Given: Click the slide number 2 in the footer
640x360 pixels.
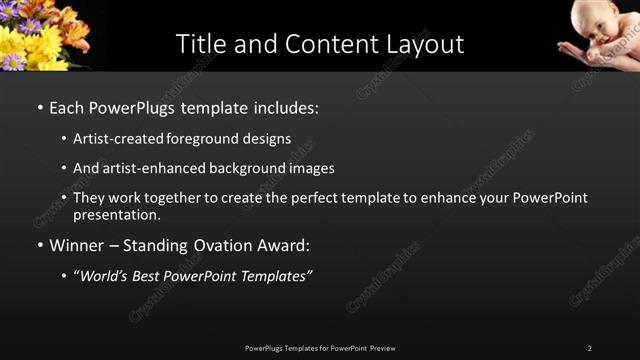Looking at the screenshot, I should click(x=589, y=348).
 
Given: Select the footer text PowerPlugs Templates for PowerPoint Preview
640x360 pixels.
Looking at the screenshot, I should click(x=320, y=348).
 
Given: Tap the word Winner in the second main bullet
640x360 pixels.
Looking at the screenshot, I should click(x=79, y=245).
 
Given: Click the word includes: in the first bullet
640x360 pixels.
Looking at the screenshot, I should click(x=286, y=107).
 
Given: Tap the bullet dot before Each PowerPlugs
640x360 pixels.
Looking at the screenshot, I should click(x=39, y=107).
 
